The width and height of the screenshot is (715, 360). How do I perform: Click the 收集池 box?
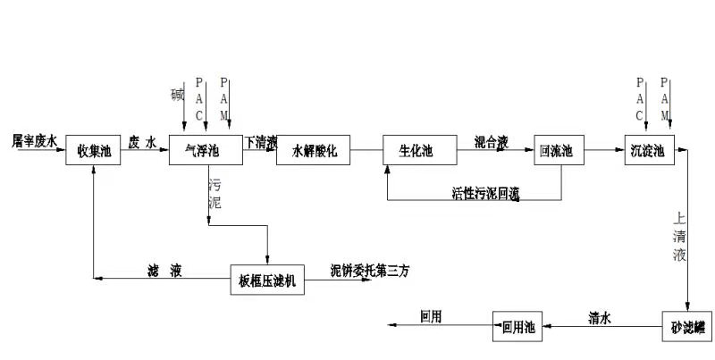pos(94,151)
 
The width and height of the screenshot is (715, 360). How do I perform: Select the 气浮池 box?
pos(206,151)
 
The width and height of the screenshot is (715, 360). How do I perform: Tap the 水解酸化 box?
pos(315,151)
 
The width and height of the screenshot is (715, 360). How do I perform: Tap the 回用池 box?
pos(518,328)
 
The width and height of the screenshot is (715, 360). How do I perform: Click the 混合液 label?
pos(492,140)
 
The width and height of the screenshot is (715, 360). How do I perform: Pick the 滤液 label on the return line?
pos(165,270)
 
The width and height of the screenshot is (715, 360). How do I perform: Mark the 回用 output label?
pos(432,316)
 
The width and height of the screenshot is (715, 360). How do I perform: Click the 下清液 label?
pos(261,141)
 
